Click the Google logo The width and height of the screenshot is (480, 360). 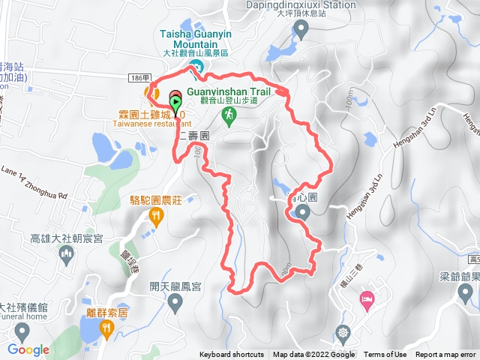pos(28,349)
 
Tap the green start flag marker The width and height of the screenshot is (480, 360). pos(175,103)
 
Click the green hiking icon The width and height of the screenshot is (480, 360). pos(228,115)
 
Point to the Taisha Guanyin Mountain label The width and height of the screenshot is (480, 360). pos(197,39)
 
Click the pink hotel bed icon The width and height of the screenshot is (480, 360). pos(367,300)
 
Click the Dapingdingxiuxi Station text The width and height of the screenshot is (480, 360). pos(300,4)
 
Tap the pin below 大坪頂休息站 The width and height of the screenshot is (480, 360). pos(301,29)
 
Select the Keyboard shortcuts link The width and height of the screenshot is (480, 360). pos(232,355)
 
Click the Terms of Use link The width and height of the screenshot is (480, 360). pos(385,355)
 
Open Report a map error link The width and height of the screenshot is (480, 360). pos(446,355)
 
